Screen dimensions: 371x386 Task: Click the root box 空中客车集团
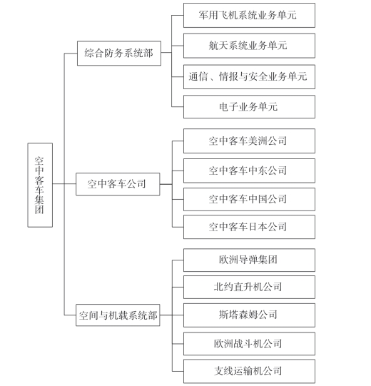tap(40, 185)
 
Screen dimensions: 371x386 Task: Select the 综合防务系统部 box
tap(119, 54)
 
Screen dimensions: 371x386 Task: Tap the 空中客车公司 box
tap(118, 184)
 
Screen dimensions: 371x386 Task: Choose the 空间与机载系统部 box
tap(118, 315)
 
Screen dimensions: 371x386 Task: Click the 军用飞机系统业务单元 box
tap(249, 15)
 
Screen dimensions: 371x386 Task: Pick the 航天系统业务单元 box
tap(249, 46)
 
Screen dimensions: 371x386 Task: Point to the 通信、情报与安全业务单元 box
tap(249, 76)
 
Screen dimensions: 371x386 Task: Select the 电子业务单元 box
tap(249, 107)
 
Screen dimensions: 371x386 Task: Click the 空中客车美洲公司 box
tap(249, 141)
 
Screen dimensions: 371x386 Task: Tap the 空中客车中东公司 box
tap(249, 171)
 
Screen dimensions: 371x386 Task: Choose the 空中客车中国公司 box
tap(249, 199)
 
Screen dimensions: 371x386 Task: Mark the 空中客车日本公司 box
tap(249, 227)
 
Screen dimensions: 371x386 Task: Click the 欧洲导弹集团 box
tap(249, 260)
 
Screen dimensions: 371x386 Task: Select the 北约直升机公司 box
tap(249, 287)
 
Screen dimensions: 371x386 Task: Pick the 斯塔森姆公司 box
tap(249, 315)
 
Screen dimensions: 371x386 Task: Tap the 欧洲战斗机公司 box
tap(249, 344)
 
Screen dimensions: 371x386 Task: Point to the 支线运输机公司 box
tap(249, 371)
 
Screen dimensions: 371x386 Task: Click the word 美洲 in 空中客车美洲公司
tap(258, 141)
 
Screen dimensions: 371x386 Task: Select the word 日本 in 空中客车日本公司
tap(258, 227)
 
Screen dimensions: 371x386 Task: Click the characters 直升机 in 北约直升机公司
tap(248, 287)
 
